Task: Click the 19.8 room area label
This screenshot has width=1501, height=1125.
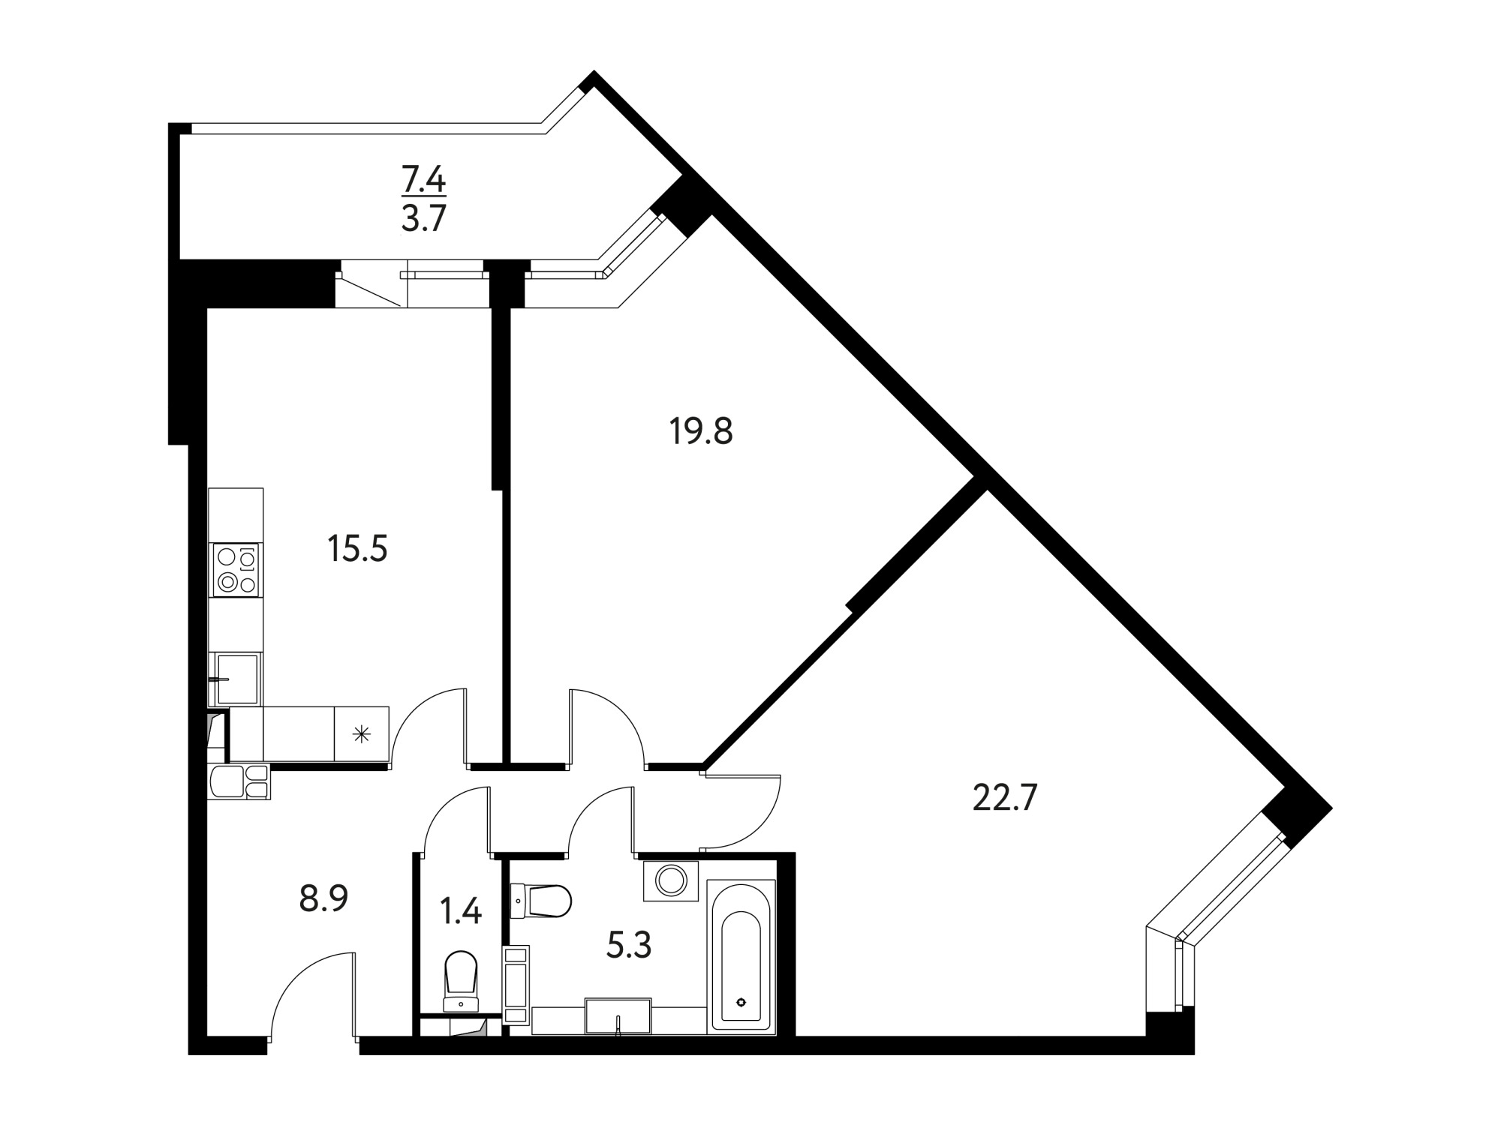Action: click(x=701, y=431)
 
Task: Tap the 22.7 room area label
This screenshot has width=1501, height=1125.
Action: click(x=1004, y=798)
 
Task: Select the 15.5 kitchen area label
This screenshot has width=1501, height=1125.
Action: click(x=357, y=548)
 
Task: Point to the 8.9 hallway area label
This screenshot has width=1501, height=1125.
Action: click(x=323, y=898)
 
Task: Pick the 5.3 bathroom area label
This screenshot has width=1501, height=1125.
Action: click(x=629, y=946)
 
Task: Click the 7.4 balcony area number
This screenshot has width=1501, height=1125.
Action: click(x=424, y=180)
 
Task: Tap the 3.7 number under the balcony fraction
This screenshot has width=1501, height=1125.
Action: click(x=424, y=220)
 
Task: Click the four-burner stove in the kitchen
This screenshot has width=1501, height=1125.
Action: click(x=237, y=571)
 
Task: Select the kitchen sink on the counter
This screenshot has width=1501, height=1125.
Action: click(x=236, y=678)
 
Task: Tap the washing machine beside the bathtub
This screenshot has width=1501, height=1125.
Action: click(x=671, y=880)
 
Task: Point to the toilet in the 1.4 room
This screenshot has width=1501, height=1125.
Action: click(x=461, y=982)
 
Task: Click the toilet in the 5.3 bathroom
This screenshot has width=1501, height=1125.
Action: click(x=541, y=900)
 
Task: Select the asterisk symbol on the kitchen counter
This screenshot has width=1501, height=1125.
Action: click(x=362, y=734)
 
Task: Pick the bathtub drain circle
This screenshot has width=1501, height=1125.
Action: click(x=741, y=1002)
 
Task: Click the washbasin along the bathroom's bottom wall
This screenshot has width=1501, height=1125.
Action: click(x=618, y=1016)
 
